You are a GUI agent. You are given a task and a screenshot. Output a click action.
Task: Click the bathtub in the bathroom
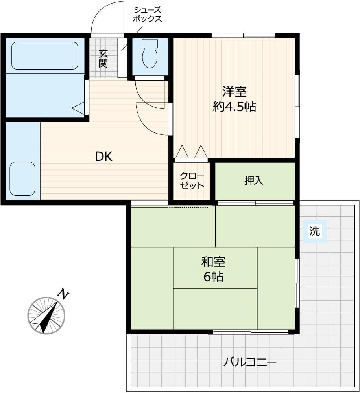(x=44, y=55)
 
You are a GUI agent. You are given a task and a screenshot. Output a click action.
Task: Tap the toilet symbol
(x=150, y=53)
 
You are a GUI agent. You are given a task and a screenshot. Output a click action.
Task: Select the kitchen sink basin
(x=22, y=179)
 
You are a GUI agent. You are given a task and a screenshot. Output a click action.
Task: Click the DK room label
(x=104, y=156)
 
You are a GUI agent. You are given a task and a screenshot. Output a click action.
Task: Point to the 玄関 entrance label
(x=103, y=59)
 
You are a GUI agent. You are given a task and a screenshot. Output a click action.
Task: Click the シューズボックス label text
(x=147, y=15)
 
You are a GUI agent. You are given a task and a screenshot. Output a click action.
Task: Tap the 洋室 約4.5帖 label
(x=234, y=99)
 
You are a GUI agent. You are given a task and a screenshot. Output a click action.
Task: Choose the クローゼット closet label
(x=192, y=181)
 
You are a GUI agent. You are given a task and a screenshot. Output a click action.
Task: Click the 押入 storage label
(x=254, y=180)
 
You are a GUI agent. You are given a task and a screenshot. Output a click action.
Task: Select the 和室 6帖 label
(x=213, y=269)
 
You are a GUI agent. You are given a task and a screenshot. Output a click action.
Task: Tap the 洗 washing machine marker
(x=315, y=231)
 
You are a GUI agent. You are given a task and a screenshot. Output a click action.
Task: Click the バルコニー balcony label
(x=250, y=362)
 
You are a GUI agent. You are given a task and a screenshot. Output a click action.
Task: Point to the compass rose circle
(x=46, y=315)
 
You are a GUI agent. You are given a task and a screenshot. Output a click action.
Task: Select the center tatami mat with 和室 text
(x=215, y=268)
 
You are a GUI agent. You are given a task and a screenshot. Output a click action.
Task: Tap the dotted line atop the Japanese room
(x=188, y=207)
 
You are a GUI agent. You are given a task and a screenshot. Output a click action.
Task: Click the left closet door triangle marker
(x=182, y=151)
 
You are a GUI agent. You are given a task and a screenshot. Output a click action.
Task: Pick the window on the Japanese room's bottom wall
(x=251, y=332)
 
